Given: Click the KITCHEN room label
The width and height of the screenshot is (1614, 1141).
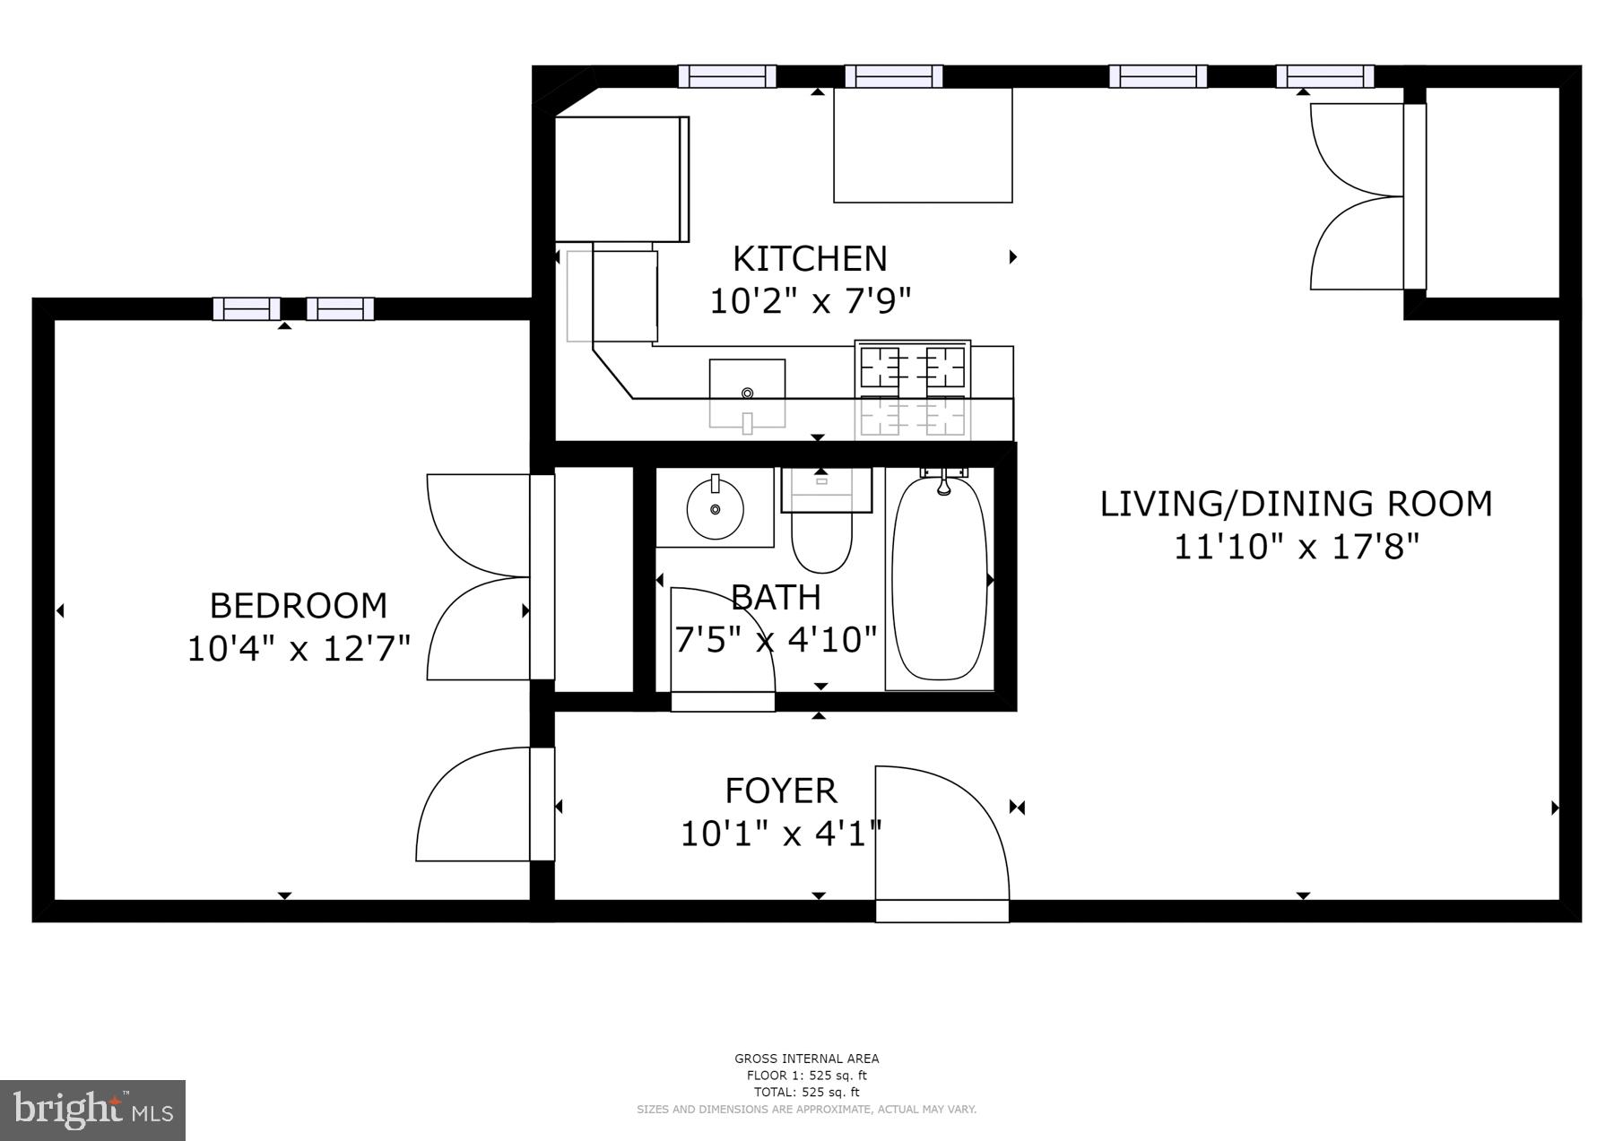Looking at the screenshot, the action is point(810,259).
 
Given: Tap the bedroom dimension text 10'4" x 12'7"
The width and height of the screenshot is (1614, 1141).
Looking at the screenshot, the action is point(299,648).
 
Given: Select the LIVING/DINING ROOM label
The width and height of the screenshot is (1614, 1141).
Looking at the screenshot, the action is point(1297,504).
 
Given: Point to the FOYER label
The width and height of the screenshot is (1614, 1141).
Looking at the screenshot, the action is point(781,791).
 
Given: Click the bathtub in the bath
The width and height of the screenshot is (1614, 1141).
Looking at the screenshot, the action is point(940,578).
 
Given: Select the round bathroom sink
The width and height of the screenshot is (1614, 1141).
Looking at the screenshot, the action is point(715,508).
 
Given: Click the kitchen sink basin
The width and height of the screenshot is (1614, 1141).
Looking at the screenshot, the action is point(748,393).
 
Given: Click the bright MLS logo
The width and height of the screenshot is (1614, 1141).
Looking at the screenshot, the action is point(93,1111).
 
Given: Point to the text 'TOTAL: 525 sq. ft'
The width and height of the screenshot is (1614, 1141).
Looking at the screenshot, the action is point(806,1093).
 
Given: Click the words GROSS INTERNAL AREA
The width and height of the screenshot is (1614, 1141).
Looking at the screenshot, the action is point(807,1059).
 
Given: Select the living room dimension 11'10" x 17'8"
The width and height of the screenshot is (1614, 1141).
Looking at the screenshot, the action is point(1297,546).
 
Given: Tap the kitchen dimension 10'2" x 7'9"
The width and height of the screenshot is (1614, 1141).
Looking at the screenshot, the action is point(810,301).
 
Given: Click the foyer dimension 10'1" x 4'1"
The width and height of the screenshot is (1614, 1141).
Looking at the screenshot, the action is point(781,834).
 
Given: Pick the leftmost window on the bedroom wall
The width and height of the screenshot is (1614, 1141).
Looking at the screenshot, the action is point(247,309).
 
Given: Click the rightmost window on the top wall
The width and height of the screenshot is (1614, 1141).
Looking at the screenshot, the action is point(1325,76).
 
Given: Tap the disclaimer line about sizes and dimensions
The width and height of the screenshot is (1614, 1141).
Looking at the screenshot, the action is point(806,1110).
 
